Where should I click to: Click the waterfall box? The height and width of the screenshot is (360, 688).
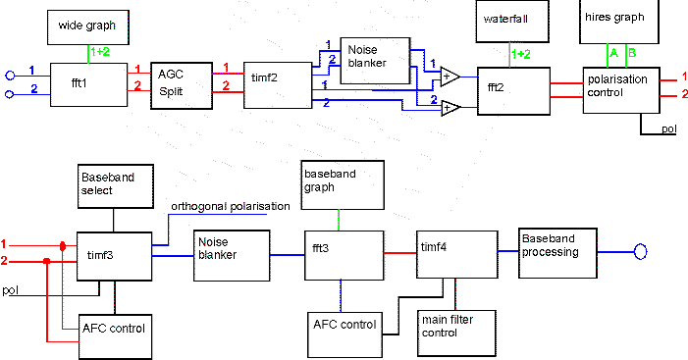pyautogui.click(x=509, y=26)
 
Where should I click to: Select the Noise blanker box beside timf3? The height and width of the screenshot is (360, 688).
pyautogui.click(x=230, y=256)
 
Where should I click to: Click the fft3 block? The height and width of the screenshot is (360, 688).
pyautogui.click(x=340, y=255)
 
